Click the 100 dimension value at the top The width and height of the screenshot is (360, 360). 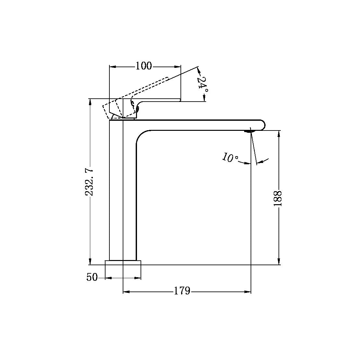[x=143, y=66]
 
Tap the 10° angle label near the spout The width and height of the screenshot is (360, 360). [x=230, y=158]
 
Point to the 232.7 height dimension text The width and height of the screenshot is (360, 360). [x=90, y=182]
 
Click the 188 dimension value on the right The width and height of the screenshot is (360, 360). [x=279, y=198]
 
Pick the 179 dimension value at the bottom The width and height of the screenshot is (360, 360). [x=182, y=291]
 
